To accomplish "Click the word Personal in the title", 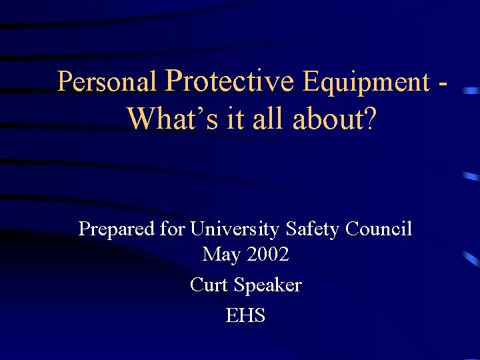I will [107, 82].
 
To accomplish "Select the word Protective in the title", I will [229, 81].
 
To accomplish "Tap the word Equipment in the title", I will [366, 82].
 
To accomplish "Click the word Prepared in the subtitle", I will [117, 230].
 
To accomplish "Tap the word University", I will [235, 230].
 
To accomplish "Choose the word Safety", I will [313, 230].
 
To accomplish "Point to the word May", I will [221, 255].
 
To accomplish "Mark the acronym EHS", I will [245, 315].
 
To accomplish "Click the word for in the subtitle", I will [173, 229].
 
